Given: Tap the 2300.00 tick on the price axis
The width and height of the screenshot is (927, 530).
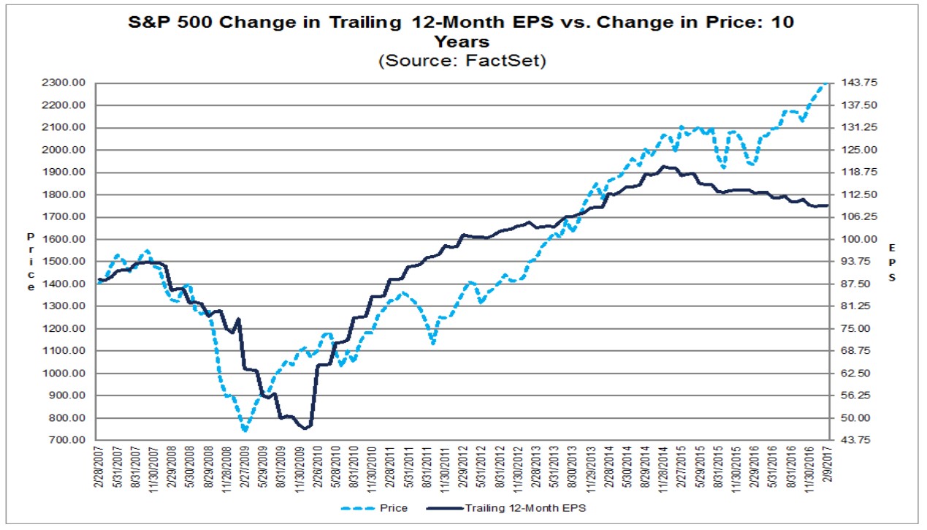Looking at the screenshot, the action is click(x=64, y=83).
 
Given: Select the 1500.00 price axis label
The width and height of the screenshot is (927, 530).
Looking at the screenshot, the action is click(x=64, y=261).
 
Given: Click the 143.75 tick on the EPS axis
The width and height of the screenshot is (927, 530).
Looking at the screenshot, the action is click(x=859, y=83).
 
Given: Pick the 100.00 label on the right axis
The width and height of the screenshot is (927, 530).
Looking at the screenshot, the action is click(x=859, y=239).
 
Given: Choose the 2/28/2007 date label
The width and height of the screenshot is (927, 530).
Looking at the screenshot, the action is click(x=99, y=466).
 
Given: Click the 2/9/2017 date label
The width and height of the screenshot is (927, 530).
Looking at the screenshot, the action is click(x=828, y=464).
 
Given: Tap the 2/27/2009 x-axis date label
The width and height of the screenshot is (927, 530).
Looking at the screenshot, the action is click(x=245, y=466).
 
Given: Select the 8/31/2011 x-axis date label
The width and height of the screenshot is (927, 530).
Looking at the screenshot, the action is click(x=427, y=466).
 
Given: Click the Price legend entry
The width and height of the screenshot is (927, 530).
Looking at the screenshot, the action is click(x=375, y=508).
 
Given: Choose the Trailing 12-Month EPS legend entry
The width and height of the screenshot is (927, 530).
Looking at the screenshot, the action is click(x=506, y=508).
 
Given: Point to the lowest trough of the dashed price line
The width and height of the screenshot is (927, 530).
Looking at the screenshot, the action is click(x=245, y=431).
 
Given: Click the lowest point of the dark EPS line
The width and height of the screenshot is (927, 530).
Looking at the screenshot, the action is click(x=305, y=428).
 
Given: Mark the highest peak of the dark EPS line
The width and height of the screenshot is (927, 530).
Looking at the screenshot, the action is click(x=663, y=167).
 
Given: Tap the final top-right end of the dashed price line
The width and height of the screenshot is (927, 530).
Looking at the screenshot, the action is click(x=826, y=83).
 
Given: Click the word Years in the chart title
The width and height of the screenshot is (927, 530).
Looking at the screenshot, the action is click(x=462, y=42).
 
